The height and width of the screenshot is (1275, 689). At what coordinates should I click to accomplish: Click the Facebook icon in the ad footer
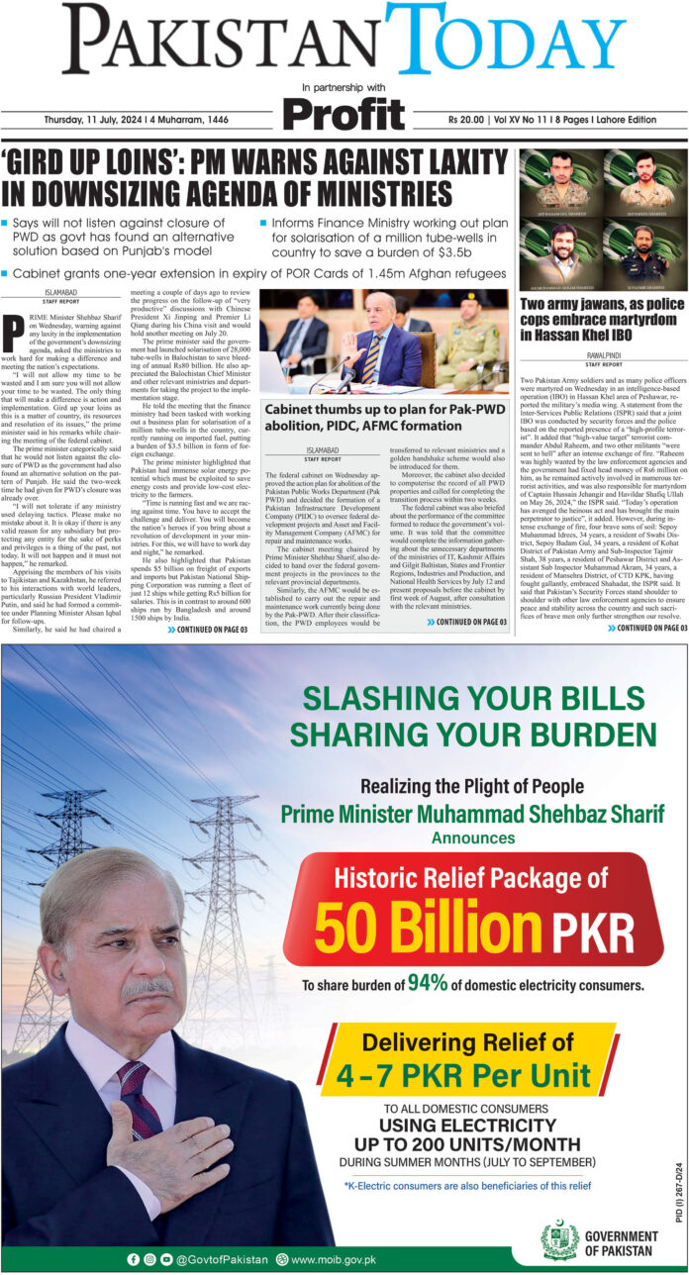pyautogui.click(x=134, y=1259)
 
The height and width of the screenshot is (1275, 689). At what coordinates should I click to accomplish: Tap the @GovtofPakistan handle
pyautogui.click(x=222, y=1259)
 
